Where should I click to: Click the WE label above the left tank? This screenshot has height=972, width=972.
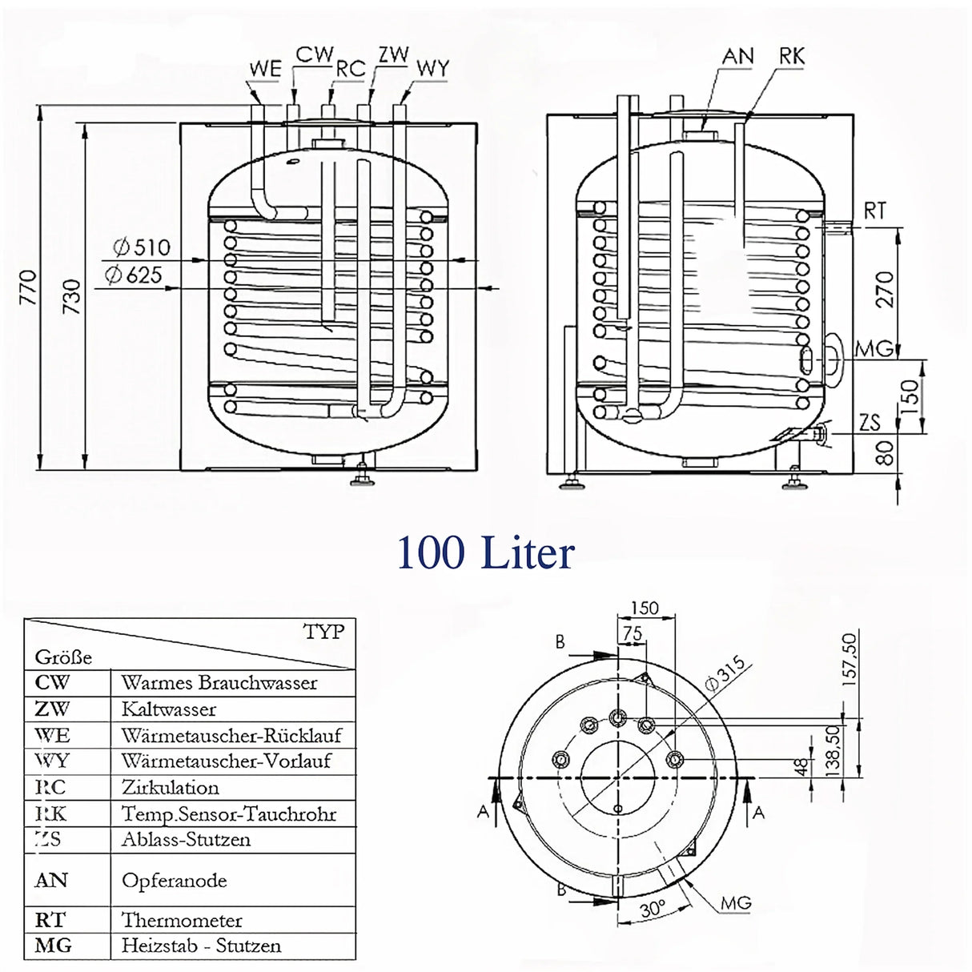tap(264, 70)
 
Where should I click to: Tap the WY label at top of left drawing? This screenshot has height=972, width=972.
tap(432, 69)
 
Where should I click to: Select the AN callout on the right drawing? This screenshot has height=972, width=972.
tap(737, 56)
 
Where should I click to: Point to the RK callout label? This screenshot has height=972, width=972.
tap(790, 56)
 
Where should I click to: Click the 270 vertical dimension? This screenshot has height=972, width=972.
tap(883, 289)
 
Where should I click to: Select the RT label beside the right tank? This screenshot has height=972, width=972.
tap(874, 211)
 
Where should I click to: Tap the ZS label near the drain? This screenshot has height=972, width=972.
tap(870, 423)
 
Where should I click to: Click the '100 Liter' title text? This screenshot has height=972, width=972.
tap(485, 553)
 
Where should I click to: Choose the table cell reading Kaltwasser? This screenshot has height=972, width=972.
tap(169, 709)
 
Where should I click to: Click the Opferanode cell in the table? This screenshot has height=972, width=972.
tap(174, 881)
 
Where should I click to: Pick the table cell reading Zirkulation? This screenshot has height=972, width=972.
tap(170, 788)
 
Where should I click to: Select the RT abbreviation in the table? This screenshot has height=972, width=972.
tap(50, 920)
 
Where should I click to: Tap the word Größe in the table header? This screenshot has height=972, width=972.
tap(63, 657)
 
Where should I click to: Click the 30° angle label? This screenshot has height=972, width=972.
tap(653, 910)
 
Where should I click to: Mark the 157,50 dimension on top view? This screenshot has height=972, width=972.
tap(849, 656)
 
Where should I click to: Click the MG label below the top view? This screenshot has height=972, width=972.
tap(736, 903)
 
